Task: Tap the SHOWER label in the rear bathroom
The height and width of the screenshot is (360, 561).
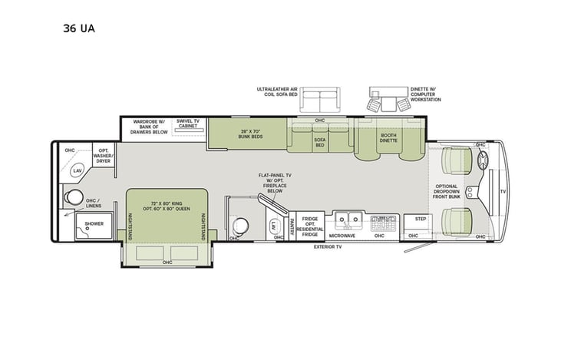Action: coord(94,224)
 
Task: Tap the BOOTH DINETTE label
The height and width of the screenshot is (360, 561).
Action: coord(388,138)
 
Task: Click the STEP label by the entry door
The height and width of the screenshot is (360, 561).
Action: coord(420,219)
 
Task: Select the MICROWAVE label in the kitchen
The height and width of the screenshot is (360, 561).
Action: coord(342,236)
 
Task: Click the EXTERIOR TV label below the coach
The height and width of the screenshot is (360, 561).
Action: coord(327,248)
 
